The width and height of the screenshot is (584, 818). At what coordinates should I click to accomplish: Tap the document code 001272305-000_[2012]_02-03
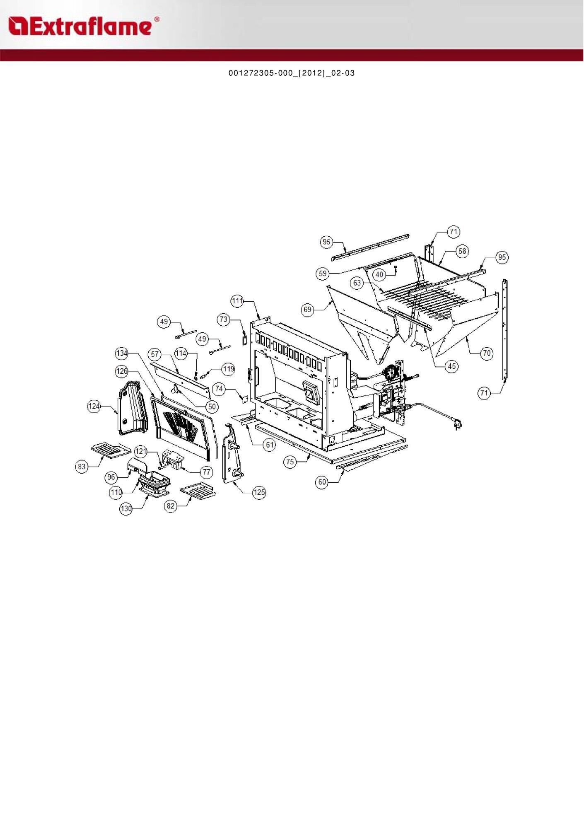point(292,73)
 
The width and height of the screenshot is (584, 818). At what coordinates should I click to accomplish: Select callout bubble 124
point(94,406)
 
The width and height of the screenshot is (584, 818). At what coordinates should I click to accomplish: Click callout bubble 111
point(237,301)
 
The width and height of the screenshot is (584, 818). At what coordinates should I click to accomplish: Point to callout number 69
point(307,310)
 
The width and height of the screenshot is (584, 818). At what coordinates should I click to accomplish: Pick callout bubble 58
point(462,251)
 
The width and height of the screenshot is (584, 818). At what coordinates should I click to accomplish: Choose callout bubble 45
point(452,366)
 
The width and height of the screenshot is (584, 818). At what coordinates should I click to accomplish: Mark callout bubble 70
point(487,353)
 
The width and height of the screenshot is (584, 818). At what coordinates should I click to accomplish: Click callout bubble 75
point(290,462)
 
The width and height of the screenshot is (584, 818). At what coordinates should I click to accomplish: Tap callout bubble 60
point(322,482)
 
